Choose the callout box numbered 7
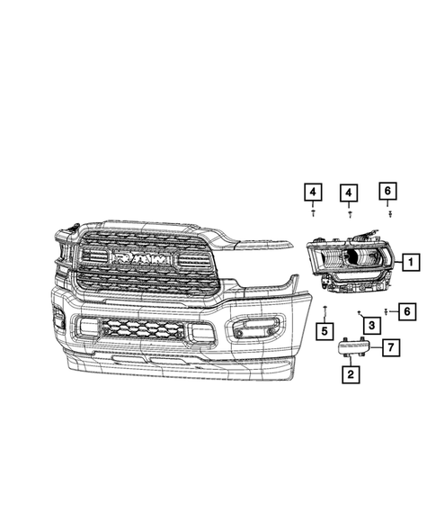[x=391, y=346]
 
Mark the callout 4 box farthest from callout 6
[x=311, y=192]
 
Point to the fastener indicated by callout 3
[x=358, y=311]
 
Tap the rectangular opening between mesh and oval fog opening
[x=202, y=332]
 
